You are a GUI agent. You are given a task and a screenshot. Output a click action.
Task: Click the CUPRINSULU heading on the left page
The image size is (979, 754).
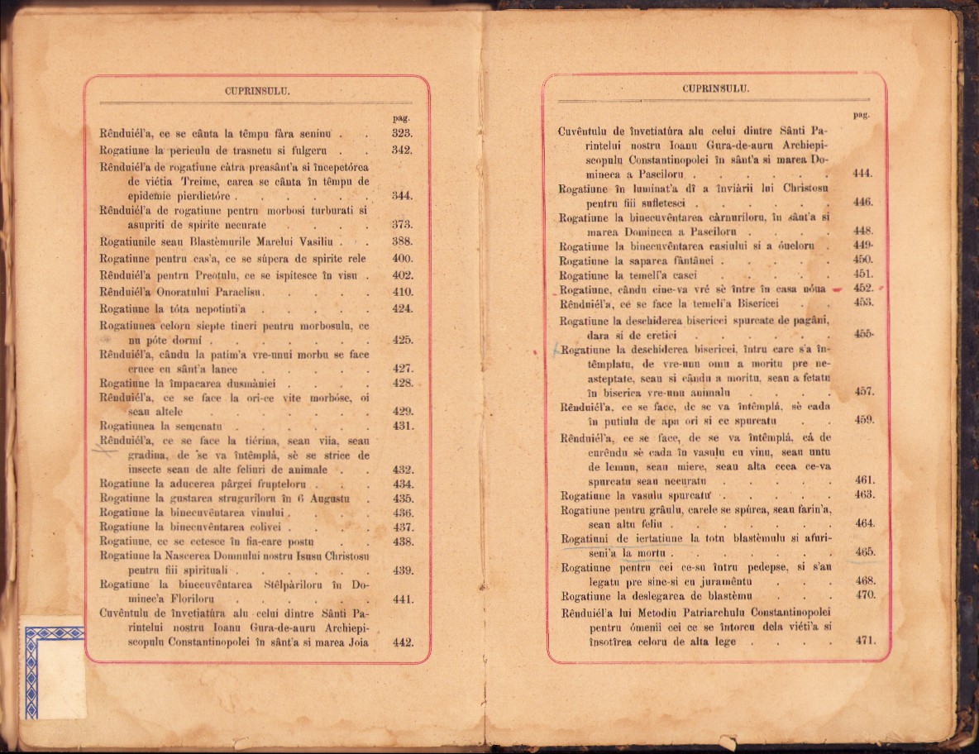256,92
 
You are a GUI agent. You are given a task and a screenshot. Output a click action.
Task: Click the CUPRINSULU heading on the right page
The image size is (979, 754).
715,88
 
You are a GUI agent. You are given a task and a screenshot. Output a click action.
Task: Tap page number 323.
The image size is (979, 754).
402,133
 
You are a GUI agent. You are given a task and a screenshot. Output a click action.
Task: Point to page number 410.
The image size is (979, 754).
402,292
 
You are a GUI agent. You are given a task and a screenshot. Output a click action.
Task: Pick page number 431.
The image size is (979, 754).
402,427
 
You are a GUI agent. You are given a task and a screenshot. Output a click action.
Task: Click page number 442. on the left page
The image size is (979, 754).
402,642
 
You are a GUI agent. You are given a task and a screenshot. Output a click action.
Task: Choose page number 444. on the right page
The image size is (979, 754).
862,174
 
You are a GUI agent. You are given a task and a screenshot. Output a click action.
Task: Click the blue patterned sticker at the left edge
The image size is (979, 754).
53,660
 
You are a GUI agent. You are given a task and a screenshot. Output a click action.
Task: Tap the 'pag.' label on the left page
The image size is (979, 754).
401,117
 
